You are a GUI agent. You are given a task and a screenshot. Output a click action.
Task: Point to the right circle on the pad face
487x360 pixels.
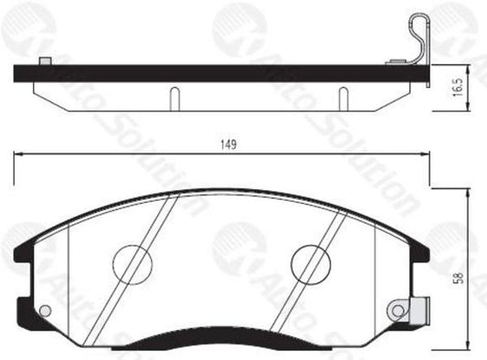point(311,263)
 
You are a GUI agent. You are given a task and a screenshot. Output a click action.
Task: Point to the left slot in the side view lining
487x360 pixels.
point(171,96)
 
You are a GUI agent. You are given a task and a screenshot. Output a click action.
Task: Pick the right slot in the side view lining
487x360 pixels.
point(342,96)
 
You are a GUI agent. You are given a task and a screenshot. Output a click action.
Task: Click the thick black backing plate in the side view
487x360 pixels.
point(219,73)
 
